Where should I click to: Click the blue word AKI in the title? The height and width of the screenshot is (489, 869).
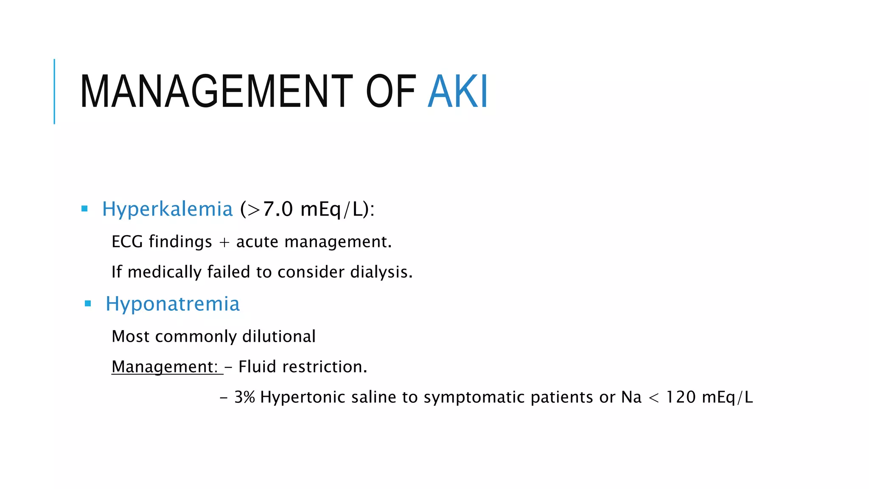pos(458,91)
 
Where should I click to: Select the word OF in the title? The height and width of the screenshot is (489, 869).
pos(390,91)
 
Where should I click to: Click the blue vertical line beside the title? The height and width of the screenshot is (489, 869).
pos(54,91)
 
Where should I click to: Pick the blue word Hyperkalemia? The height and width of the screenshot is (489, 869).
pos(168,209)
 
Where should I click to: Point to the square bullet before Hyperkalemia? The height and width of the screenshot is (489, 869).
pos(84,209)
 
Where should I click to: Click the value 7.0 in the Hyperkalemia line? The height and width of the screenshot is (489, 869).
pos(278,209)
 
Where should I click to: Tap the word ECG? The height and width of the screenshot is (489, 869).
pos(127,242)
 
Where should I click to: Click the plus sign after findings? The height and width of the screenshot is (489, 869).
pos(224,242)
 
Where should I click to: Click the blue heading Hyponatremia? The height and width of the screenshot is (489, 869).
pos(173,304)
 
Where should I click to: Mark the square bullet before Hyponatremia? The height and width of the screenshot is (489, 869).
pos(88,304)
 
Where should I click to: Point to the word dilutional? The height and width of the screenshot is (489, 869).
pos(279,337)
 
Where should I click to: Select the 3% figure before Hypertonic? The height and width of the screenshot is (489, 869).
pos(244,397)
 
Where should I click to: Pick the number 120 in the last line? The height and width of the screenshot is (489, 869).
pos(681,397)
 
